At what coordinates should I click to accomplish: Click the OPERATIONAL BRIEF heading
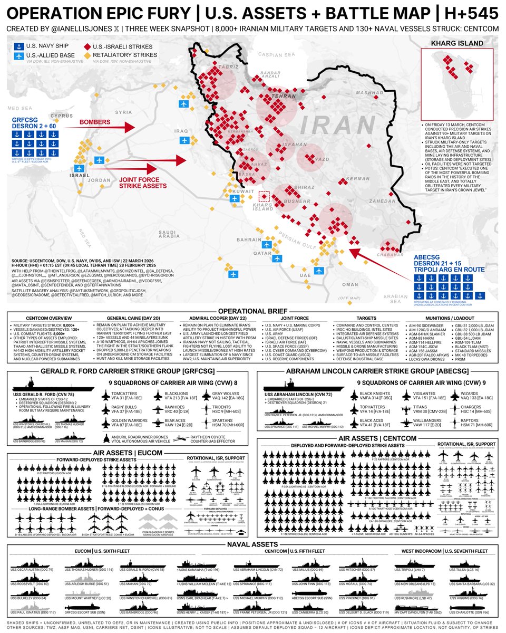pyautogui.click(x=252, y=311)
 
